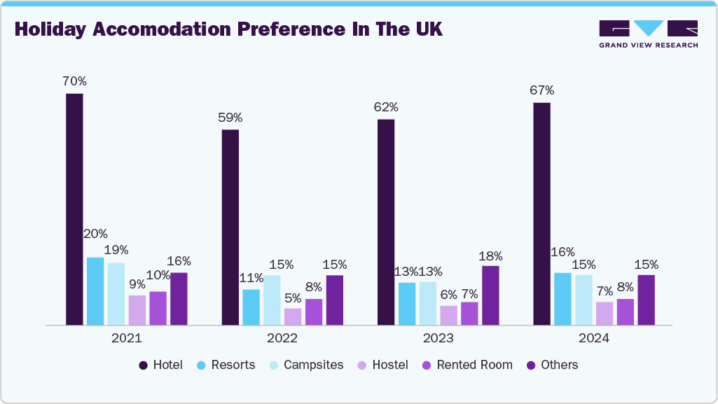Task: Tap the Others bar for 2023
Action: point(490,295)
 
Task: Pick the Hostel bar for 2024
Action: point(604,313)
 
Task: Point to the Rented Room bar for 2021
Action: point(158,308)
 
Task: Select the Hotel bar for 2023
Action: point(386,222)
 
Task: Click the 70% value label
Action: point(74,81)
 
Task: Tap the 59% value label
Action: point(230,118)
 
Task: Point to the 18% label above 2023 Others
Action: point(490,256)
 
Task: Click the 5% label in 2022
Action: point(293,297)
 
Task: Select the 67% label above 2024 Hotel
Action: point(541,90)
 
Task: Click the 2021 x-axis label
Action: point(126,338)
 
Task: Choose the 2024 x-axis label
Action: point(594,338)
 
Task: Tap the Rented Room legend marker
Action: point(426,365)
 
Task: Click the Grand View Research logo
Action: point(648,34)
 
